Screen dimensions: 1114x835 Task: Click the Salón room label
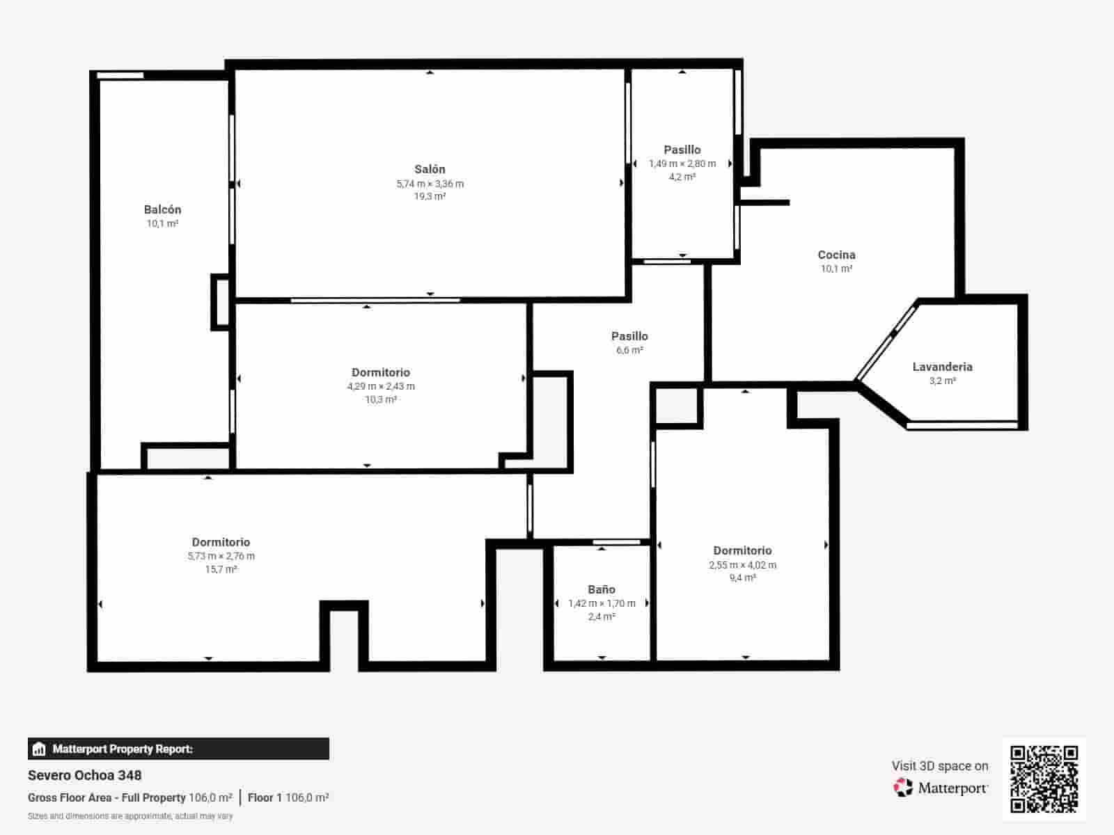(x=430, y=169)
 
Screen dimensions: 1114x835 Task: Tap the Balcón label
(x=162, y=210)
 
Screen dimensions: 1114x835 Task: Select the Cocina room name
(x=836, y=255)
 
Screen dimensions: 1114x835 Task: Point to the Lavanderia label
(x=943, y=367)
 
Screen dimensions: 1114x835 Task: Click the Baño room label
(x=602, y=589)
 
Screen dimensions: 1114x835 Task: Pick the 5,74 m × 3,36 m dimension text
(x=430, y=184)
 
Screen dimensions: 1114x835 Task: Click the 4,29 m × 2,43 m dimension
(x=381, y=386)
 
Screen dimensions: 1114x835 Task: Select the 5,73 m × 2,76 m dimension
(x=221, y=556)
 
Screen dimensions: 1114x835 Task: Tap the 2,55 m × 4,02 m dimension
(x=742, y=565)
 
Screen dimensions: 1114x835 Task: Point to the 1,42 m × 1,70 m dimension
(x=602, y=603)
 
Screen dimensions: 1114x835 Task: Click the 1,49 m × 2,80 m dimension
(x=682, y=164)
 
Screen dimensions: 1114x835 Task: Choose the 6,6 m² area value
(x=630, y=350)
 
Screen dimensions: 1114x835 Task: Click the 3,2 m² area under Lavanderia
(x=943, y=381)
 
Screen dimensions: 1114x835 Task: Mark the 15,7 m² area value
(x=221, y=569)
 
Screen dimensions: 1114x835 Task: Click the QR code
(x=1044, y=779)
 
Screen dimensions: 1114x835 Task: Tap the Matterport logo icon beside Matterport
(x=903, y=788)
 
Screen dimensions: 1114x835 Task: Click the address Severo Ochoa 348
(x=85, y=775)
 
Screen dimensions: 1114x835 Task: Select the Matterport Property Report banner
(x=178, y=749)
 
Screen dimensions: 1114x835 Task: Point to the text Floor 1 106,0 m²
(x=288, y=797)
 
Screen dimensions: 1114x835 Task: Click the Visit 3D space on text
(x=940, y=766)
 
